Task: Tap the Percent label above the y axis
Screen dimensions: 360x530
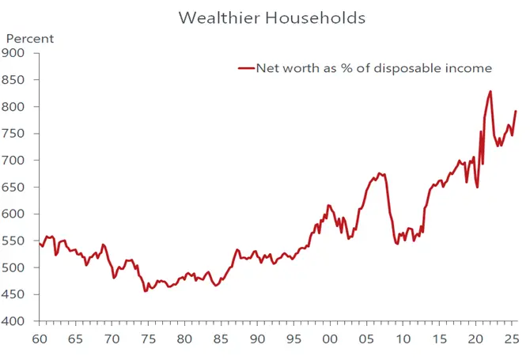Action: tap(30, 39)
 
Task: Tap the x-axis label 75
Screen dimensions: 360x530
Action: tap(148, 339)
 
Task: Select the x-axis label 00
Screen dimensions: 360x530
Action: tap(330, 339)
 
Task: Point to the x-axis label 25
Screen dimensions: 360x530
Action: tap(511, 339)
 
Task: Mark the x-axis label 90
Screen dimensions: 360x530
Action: tap(257, 339)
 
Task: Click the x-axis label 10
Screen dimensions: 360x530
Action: tap(403, 339)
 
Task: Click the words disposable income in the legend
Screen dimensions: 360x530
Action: tap(433, 68)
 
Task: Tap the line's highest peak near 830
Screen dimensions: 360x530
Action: tap(490, 92)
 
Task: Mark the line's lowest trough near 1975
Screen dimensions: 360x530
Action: tap(145, 291)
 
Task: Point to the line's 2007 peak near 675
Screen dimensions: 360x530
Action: tap(380, 173)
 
